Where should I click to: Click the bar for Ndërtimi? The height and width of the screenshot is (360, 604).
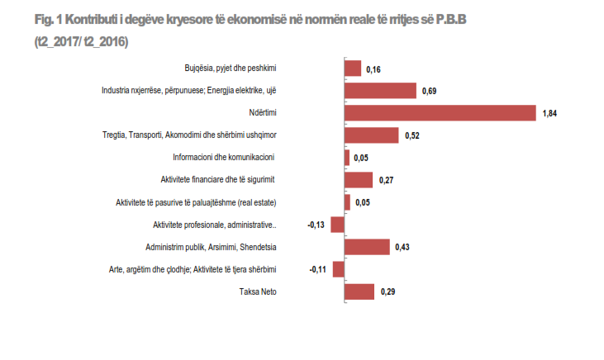click(x=440, y=113)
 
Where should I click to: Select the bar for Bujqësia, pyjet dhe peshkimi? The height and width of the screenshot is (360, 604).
click(x=352, y=69)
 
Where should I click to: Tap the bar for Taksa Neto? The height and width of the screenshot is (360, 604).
click(x=359, y=291)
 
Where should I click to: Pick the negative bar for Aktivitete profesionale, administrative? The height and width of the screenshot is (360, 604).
click(x=336, y=225)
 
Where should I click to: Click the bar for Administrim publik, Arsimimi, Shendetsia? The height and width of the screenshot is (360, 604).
click(x=366, y=247)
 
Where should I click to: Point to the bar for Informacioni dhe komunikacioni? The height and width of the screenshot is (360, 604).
click(x=346, y=158)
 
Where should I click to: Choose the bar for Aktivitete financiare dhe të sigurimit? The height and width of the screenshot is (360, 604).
click(x=358, y=180)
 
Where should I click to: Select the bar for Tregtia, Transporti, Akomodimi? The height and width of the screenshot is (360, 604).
click(x=371, y=135)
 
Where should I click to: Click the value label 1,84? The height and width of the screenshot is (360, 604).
click(x=550, y=114)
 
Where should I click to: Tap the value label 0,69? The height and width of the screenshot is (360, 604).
click(x=429, y=92)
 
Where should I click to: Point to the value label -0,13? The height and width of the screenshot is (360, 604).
click(x=316, y=225)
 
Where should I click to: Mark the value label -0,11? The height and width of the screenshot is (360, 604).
click(x=318, y=269)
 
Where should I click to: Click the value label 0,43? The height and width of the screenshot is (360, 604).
click(x=402, y=248)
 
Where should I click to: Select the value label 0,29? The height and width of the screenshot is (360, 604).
click(x=388, y=292)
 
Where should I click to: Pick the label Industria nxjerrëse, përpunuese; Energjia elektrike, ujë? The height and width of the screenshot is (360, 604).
click(x=188, y=91)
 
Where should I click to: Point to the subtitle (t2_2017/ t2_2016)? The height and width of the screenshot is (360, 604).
click(x=82, y=40)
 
